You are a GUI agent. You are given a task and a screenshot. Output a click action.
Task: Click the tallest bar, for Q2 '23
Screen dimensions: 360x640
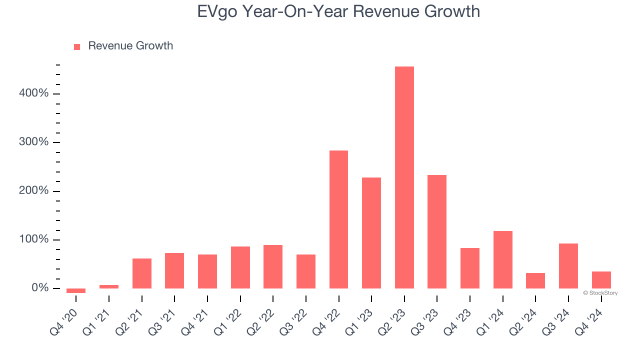pyautogui.click(x=404, y=177)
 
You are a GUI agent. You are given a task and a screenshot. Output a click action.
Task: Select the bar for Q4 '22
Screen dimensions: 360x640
pyautogui.click(x=338, y=219)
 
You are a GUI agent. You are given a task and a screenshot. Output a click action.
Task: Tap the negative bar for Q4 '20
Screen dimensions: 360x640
pyautogui.click(x=76, y=290)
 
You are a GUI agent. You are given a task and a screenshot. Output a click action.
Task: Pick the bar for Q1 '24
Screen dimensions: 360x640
pyautogui.click(x=502, y=259)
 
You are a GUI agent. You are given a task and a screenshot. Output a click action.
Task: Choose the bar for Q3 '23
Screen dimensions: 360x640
pyautogui.click(x=437, y=231)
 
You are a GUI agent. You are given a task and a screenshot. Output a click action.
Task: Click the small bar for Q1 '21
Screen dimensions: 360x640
pyautogui.click(x=109, y=286)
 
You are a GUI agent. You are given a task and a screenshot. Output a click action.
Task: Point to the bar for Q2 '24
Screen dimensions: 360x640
pyautogui.click(x=535, y=280)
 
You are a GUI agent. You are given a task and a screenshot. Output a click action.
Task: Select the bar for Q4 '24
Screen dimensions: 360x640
pyautogui.click(x=601, y=280)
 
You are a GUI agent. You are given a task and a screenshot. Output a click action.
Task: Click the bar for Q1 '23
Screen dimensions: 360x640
pyautogui.click(x=371, y=233)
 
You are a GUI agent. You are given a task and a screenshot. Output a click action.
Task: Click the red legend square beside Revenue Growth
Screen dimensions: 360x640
pyautogui.click(x=77, y=46)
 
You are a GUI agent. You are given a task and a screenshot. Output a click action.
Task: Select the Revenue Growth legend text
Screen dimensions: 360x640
pyautogui.click(x=130, y=46)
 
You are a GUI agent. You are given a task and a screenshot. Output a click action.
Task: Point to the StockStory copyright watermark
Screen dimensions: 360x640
pyautogui.click(x=600, y=293)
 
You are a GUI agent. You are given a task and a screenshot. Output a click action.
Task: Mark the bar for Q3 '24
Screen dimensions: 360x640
pyautogui.click(x=568, y=266)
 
